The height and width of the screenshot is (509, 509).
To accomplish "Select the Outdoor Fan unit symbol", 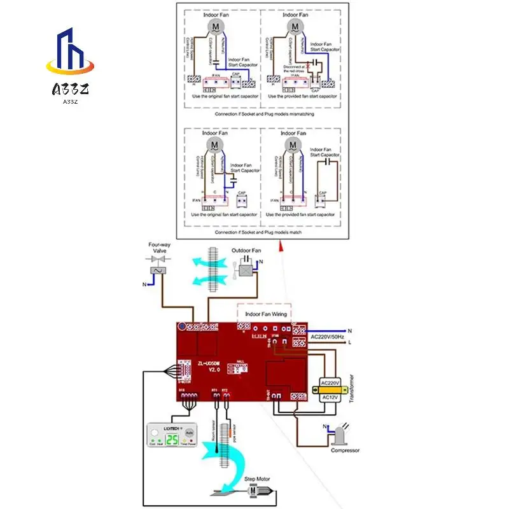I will [244, 270].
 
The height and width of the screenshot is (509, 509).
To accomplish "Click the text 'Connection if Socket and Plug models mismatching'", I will [260, 114].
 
